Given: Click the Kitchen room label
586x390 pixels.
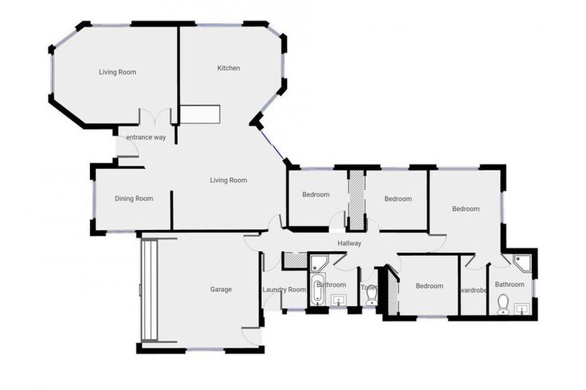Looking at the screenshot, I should [x=229, y=69].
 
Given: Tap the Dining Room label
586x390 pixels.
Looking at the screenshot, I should [x=134, y=199].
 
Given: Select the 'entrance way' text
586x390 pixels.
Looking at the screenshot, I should [x=146, y=137].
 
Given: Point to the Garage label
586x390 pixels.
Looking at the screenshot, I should [x=221, y=289].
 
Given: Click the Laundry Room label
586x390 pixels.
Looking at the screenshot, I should [x=284, y=289].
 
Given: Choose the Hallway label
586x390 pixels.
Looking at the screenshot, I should [x=349, y=244].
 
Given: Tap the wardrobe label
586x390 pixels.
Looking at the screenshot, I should [x=473, y=289].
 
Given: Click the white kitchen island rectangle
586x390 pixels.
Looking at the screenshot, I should [x=200, y=113].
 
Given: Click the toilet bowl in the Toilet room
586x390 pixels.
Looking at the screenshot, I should [x=372, y=297].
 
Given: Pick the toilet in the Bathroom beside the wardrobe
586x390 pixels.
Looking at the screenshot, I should [x=503, y=305].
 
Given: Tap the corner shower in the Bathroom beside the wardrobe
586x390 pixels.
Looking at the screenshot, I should [x=523, y=263].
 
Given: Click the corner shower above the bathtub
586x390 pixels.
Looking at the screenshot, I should [x=319, y=264].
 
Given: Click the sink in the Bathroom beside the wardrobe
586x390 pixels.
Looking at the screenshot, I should [x=521, y=308].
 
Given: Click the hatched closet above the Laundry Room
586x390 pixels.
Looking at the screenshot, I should [x=294, y=260].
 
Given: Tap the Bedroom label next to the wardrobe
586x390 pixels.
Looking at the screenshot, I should [x=429, y=286].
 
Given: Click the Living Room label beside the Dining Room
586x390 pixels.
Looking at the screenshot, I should [x=229, y=181].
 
